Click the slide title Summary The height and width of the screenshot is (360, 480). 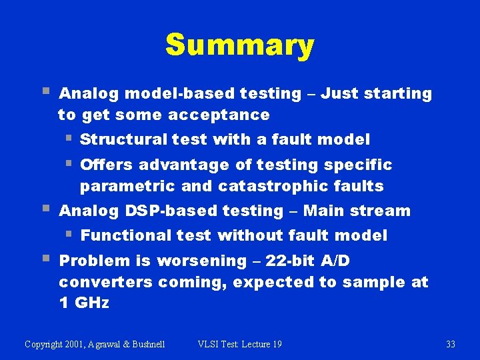point(239,45)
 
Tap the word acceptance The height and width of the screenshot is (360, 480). point(219,115)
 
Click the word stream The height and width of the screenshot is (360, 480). point(383,211)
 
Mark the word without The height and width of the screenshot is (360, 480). point(248,235)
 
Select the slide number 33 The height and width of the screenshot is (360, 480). point(451,344)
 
